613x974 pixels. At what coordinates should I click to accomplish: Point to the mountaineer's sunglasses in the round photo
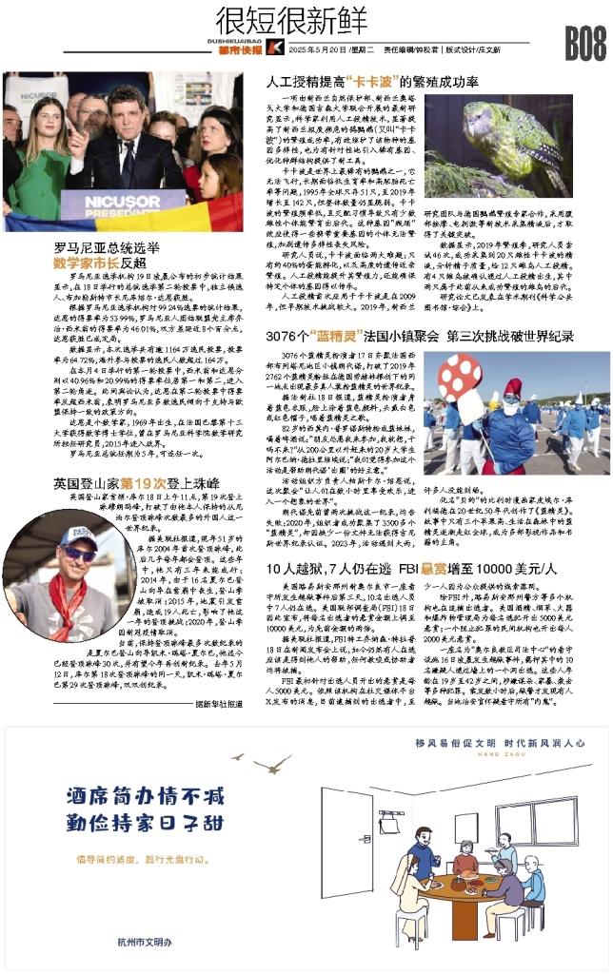tap(80, 553)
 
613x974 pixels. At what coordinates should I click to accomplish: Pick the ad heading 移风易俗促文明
tap(452, 740)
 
